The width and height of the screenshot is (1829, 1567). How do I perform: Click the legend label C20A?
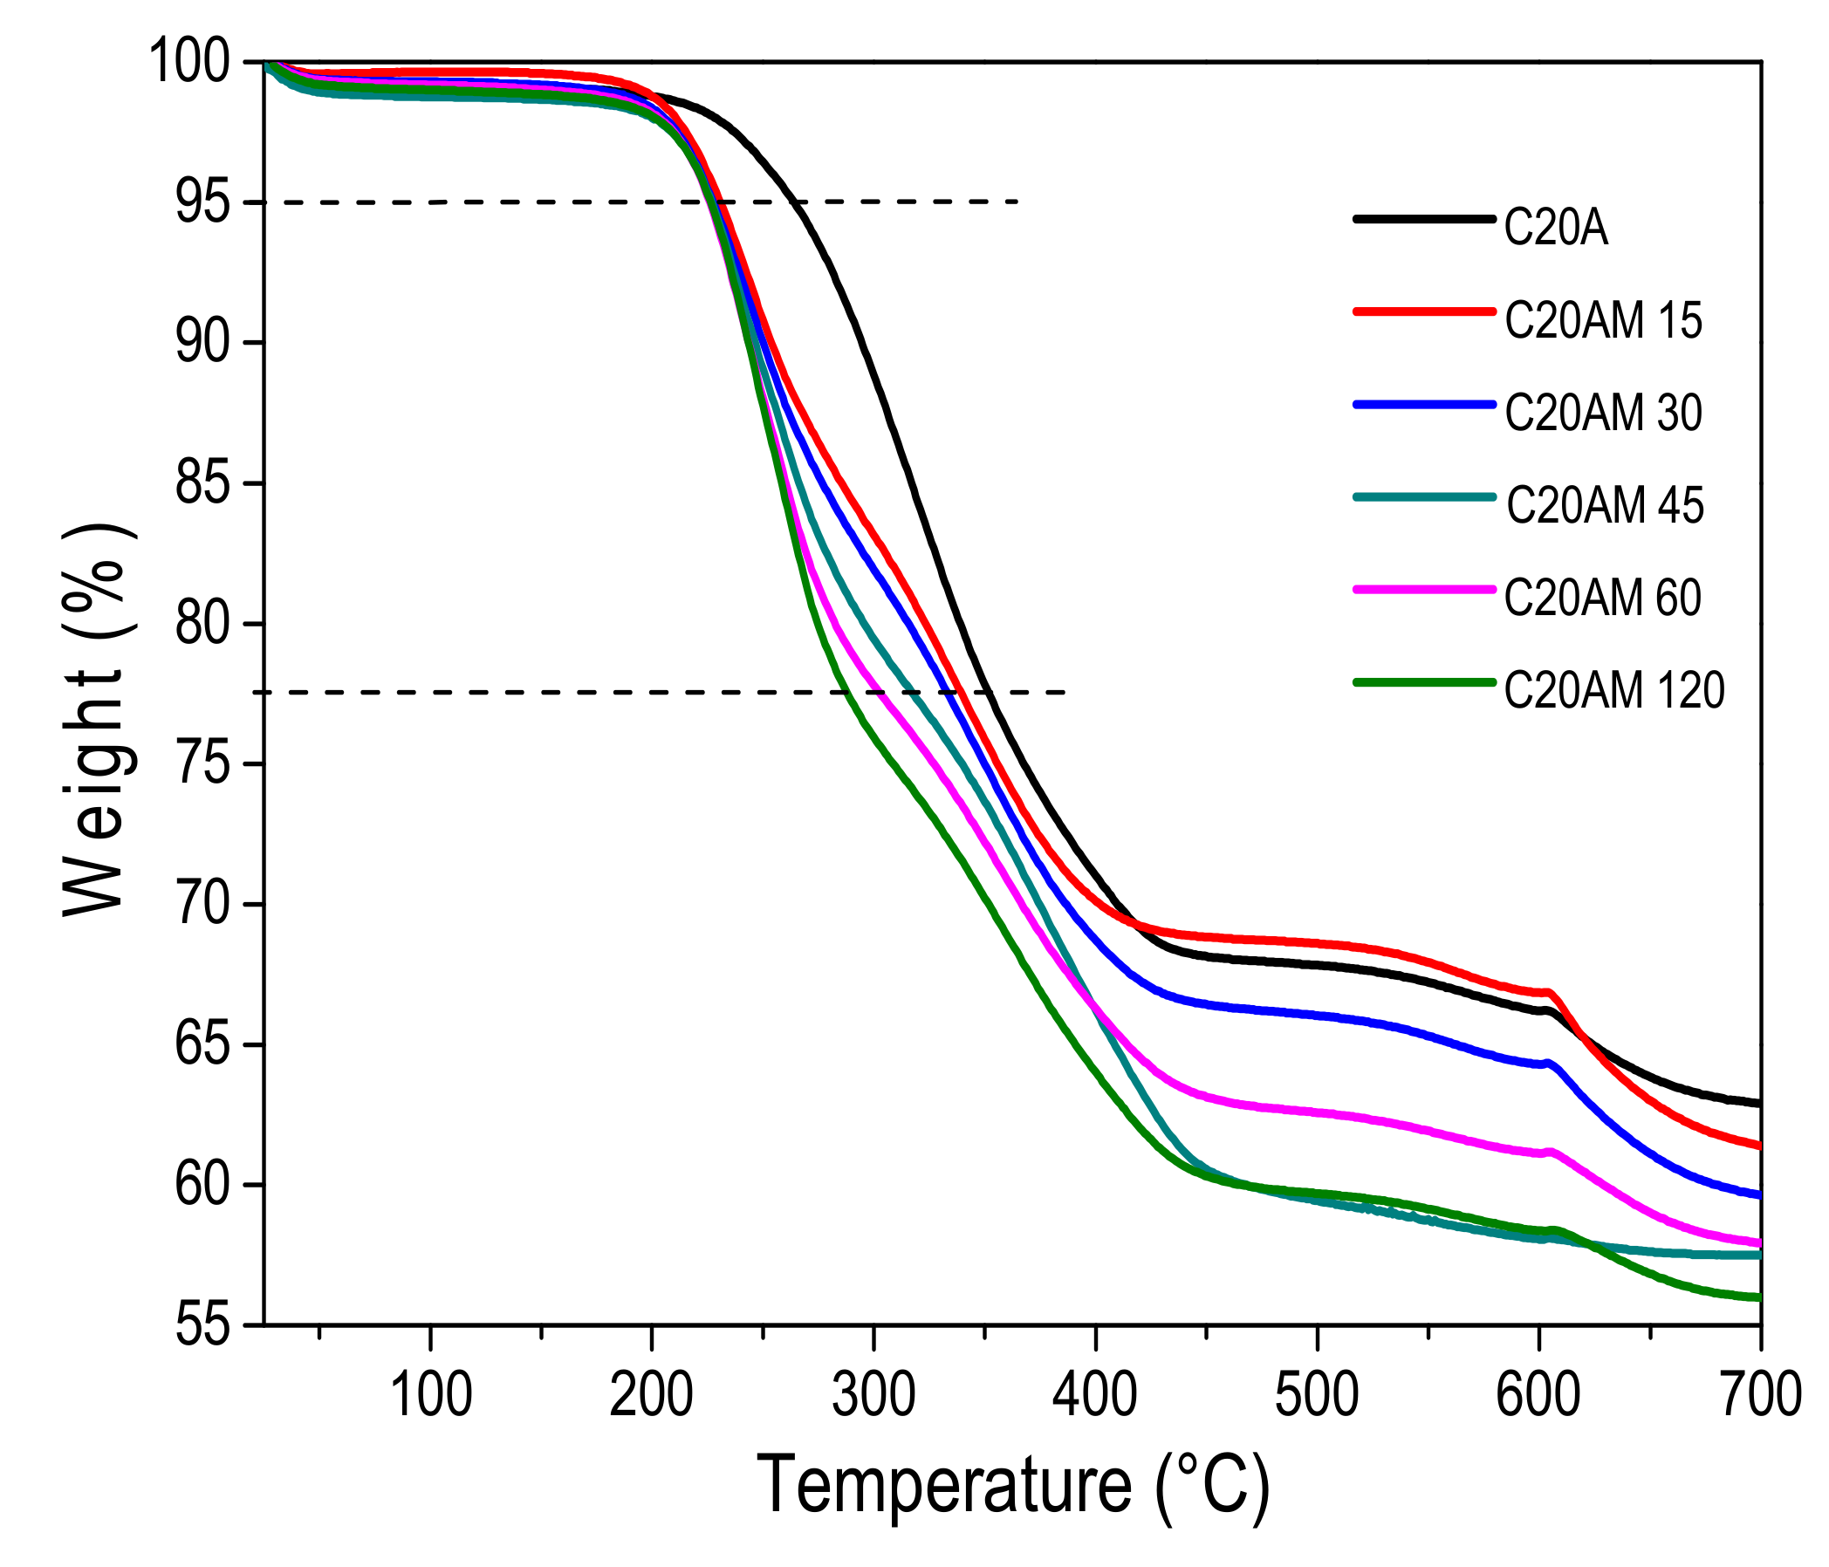pos(1555,229)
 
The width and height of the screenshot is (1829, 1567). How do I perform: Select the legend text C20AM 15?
pos(1603,320)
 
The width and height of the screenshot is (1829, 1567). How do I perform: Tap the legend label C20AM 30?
pos(1603,414)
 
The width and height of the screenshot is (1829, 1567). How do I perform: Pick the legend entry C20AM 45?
pos(1605,506)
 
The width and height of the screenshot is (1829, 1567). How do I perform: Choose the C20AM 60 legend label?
pos(1603,598)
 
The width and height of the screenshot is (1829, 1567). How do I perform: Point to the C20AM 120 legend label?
pos(1614,690)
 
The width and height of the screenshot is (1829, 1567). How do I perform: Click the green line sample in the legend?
pos(1424,681)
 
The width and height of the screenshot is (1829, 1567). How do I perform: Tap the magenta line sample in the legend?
pos(1424,589)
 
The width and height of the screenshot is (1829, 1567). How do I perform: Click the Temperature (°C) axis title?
pos(1012,1486)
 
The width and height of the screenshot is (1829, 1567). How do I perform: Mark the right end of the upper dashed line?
pos(1018,202)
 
